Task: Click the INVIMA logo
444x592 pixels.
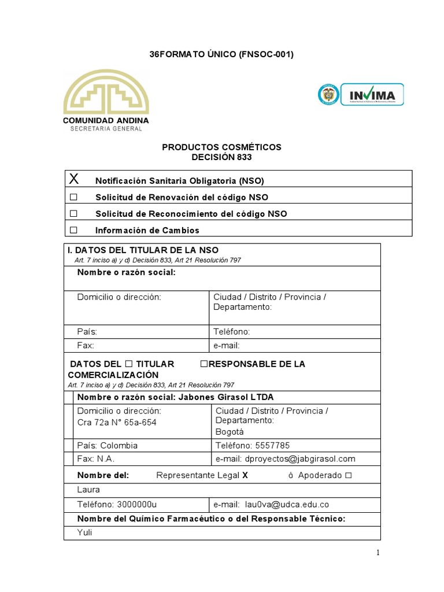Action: tap(361, 95)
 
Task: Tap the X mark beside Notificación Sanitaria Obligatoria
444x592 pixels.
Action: tap(73, 179)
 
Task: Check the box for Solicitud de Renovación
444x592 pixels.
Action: tap(73, 197)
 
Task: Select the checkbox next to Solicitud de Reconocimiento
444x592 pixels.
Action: tap(73, 213)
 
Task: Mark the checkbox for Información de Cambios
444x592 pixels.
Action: tap(73, 230)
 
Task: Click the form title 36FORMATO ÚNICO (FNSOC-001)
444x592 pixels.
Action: tap(221, 54)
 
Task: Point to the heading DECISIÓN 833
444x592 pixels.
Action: tap(221, 157)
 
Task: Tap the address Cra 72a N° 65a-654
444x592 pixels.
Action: tap(117, 422)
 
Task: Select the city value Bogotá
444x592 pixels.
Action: tap(230, 431)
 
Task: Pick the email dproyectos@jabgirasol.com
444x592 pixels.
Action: tap(300, 459)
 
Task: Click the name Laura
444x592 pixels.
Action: tap(88, 490)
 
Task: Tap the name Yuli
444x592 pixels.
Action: tap(84, 532)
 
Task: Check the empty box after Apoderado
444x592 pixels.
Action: tap(348, 475)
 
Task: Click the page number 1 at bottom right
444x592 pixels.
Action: tap(378, 553)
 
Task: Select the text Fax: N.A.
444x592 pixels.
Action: tap(96, 459)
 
